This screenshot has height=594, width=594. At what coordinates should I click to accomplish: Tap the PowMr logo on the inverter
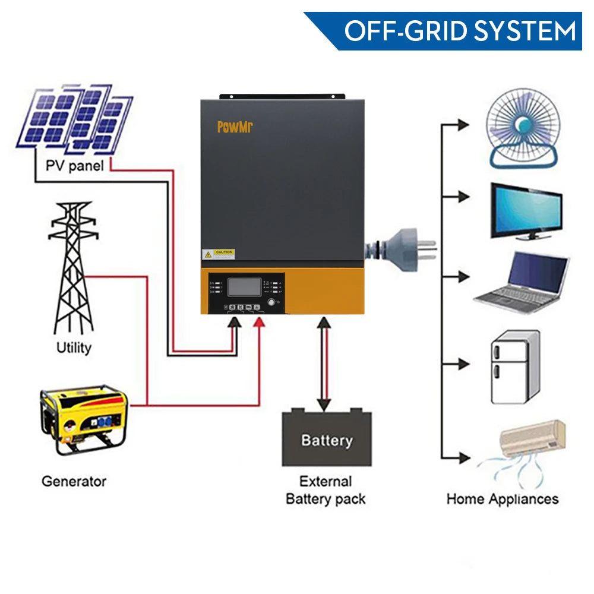[x=235, y=127]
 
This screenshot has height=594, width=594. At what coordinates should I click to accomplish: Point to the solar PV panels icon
[x=75, y=119]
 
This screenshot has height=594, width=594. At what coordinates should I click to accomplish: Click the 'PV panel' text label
[x=74, y=165]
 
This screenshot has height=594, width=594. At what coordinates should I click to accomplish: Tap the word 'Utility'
[x=74, y=347]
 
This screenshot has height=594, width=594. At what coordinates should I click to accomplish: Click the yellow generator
[x=83, y=419]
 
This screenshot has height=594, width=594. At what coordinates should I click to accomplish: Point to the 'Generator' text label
[x=74, y=481]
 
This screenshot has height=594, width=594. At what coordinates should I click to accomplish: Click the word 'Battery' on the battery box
[x=326, y=440]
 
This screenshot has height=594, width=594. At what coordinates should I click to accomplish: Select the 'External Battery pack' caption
[x=326, y=490]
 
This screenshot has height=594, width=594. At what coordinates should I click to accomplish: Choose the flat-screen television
[x=526, y=211]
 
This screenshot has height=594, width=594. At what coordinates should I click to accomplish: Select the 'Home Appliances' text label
[x=502, y=498]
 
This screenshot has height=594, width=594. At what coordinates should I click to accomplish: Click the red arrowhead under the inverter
[x=259, y=322]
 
